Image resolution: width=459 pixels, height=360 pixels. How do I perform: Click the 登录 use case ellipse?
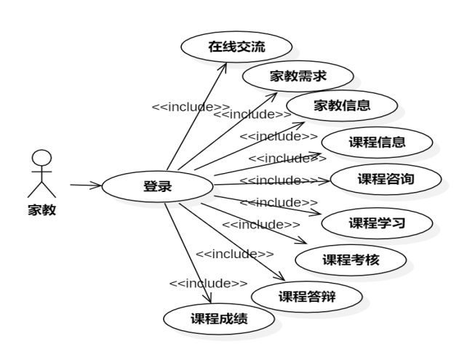[157, 186]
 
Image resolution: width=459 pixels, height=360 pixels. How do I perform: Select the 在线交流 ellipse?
[236, 48]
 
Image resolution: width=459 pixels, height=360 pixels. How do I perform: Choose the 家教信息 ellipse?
[342, 105]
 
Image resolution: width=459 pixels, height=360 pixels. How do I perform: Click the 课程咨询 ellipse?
[385, 178]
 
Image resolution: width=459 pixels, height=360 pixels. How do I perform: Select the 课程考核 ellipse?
[351, 260]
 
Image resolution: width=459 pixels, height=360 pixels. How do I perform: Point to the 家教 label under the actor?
[42, 211]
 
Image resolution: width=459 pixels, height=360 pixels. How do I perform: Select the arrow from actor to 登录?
[86, 185]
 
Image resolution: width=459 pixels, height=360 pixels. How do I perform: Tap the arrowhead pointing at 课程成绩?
[211, 300]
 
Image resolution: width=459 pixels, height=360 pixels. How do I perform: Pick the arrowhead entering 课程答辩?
[279, 277]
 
